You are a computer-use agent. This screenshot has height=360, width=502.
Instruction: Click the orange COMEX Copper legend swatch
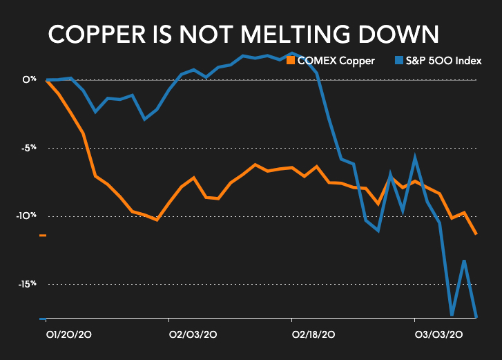291,61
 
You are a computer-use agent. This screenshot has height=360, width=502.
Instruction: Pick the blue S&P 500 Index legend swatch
398,61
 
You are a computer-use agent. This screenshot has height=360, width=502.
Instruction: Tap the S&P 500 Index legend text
443,61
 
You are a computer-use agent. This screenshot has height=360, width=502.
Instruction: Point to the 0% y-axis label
28,80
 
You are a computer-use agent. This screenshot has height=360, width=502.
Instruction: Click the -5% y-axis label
27,148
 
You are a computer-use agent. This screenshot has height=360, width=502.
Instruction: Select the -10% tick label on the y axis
26,216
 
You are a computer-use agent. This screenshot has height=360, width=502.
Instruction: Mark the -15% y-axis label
26,283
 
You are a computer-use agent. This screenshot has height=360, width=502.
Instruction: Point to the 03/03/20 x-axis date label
438,334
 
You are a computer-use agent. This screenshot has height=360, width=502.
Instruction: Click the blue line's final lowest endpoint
476,316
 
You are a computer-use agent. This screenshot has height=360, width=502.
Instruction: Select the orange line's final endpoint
476,234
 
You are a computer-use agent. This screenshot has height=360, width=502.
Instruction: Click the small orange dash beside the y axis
43,236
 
